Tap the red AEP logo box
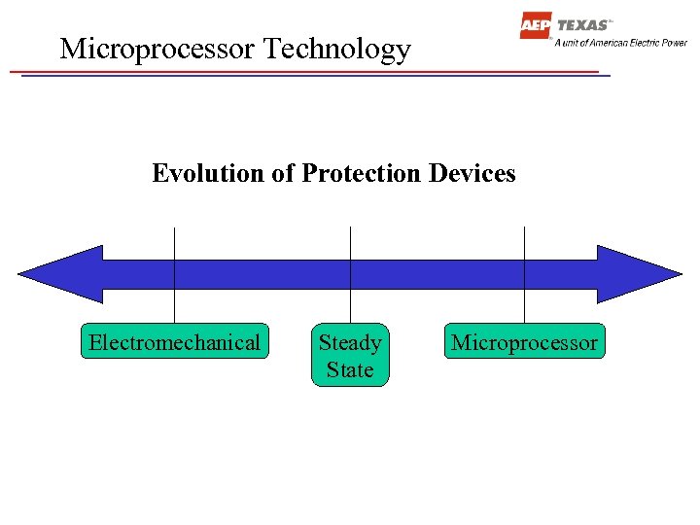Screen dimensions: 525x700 535,26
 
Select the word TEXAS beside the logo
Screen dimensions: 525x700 583,25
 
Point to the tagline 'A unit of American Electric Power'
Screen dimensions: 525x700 620,43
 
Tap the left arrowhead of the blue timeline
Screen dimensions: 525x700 58,274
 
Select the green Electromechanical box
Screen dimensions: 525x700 174,342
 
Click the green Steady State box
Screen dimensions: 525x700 350,356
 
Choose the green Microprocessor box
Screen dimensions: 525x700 524,342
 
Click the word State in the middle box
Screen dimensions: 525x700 350,370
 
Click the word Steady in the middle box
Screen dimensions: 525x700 350,343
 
